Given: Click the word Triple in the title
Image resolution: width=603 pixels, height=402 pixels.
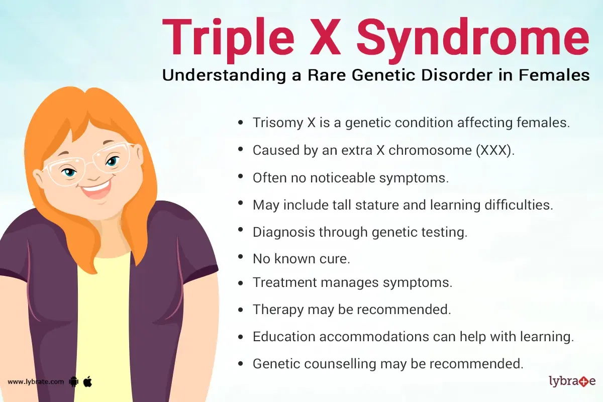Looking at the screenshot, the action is point(228,38).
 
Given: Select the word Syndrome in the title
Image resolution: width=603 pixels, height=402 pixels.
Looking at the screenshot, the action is point(473,40).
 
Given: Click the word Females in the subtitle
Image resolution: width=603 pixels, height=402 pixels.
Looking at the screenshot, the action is point(554,75).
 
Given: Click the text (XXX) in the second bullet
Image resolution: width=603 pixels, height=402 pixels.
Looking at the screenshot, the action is point(495,150).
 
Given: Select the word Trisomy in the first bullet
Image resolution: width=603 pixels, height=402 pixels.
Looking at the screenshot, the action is point(278,123).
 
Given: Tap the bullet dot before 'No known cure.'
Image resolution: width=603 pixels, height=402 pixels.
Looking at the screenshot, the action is point(241,257).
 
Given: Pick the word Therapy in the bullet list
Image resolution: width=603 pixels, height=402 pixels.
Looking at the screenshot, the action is point(278,310).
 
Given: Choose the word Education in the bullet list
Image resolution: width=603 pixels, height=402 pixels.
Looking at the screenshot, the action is point(284,337).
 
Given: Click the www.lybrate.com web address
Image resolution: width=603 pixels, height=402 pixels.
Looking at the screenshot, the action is point(36,382).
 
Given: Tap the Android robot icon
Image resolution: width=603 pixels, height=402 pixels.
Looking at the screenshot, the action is point(74,381).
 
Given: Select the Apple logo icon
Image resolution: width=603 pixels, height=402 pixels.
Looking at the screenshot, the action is point(87,381).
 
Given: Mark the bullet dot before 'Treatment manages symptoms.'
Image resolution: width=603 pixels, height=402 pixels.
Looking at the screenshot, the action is point(241,283).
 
